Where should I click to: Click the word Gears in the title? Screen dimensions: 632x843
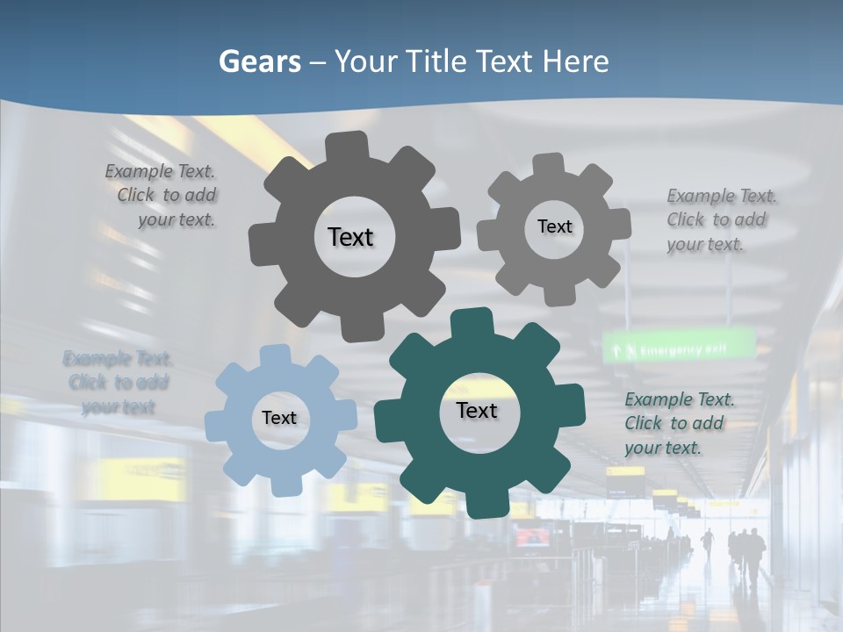(x=259, y=61)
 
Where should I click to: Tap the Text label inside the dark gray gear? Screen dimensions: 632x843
(x=350, y=237)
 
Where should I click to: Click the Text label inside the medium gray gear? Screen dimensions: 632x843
(x=554, y=226)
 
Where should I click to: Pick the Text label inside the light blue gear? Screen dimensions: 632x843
(x=279, y=418)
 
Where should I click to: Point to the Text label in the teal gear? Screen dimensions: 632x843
(x=477, y=410)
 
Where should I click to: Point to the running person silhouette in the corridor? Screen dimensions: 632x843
(x=707, y=543)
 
